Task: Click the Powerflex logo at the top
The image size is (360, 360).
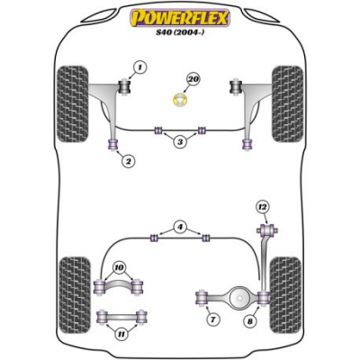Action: (180, 18)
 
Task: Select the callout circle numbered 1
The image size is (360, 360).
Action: (139, 67)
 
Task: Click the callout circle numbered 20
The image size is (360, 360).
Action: (193, 79)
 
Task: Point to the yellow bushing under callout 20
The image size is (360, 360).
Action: (180, 100)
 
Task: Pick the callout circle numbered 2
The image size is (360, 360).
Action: (129, 162)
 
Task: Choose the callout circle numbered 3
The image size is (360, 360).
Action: (180, 142)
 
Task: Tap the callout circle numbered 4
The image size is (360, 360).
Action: (180, 227)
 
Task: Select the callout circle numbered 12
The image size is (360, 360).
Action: (263, 207)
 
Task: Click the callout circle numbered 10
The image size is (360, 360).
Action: (120, 267)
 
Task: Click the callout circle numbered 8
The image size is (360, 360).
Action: (250, 322)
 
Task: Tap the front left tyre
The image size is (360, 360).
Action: (73, 103)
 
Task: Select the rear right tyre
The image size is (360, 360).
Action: (285, 295)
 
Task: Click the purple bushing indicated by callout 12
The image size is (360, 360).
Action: (266, 230)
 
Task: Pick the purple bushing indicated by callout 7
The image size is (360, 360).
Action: (202, 298)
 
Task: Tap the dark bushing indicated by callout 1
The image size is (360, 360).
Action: (123, 86)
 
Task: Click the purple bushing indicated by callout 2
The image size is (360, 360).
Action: (113, 144)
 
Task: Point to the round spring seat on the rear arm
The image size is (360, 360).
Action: (240, 298)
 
